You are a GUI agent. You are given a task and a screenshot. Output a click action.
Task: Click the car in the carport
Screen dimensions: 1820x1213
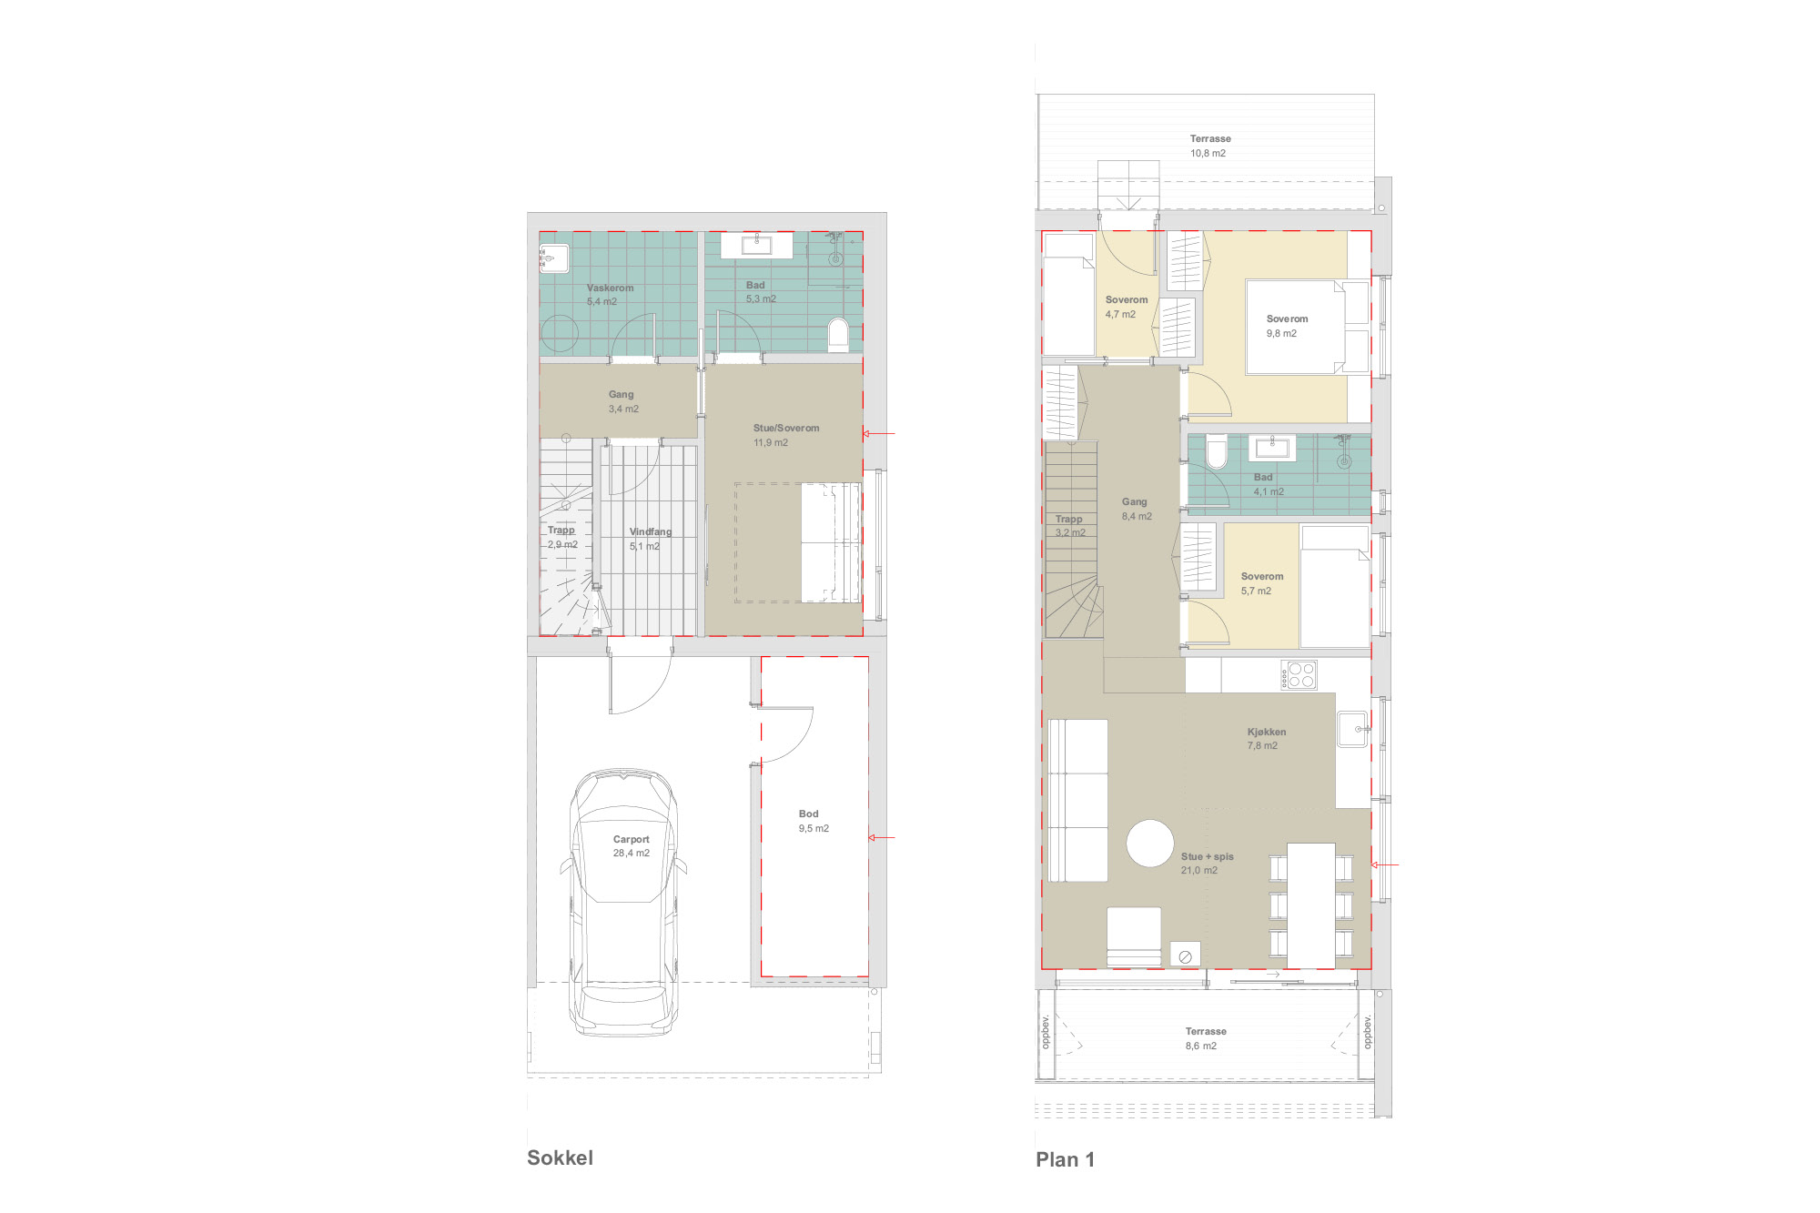[624, 903]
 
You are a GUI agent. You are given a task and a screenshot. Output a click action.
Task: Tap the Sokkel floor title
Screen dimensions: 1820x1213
[560, 1157]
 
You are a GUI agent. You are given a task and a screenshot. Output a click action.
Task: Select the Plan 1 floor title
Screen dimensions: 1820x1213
[1065, 1159]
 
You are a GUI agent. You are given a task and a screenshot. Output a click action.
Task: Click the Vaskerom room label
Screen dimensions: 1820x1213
[610, 288]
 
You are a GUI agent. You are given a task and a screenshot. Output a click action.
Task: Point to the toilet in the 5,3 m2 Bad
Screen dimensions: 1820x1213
[838, 335]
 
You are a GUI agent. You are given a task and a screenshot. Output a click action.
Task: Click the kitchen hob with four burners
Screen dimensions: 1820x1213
[1299, 675]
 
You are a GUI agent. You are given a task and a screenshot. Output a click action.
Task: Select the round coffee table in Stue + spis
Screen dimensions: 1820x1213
[1150, 844]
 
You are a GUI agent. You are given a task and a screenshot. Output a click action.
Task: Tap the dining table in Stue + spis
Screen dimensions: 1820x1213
[1311, 905]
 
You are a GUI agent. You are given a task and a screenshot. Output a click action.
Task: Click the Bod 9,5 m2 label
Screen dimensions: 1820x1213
[814, 821]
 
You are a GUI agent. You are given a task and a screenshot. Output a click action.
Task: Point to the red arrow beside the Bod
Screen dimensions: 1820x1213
[882, 837]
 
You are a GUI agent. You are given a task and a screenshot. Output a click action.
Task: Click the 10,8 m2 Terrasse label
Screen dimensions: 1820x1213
[1209, 146]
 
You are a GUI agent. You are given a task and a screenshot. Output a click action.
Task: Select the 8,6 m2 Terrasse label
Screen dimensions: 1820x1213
[1205, 1038]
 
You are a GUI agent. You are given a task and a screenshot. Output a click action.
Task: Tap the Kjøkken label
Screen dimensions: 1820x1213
[1267, 732]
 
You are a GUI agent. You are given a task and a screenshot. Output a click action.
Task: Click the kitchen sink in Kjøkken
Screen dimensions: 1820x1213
[1352, 729]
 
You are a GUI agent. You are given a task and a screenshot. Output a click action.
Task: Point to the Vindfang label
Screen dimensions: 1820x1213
[651, 531]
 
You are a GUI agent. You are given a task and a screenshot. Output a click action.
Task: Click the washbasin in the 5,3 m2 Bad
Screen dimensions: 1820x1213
[756, 245]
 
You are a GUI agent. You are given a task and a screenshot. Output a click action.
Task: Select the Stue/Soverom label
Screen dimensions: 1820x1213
[786, 428]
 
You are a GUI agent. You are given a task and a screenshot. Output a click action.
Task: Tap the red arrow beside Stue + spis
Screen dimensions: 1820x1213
[1385, 864]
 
